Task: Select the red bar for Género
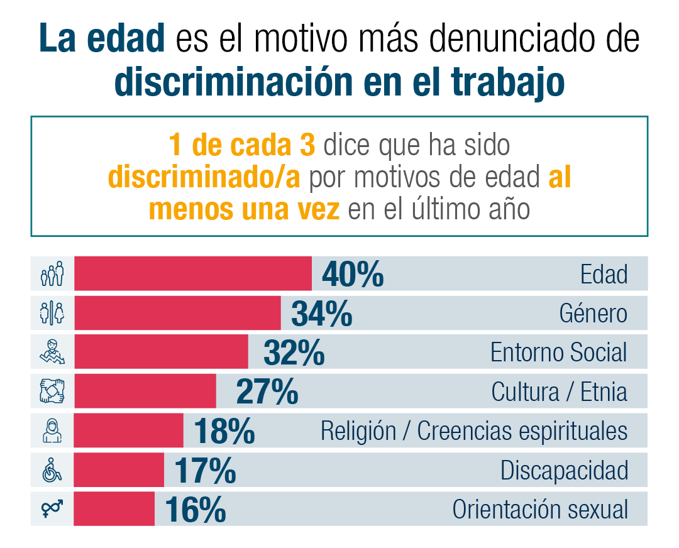pyautogui.click(x=177, y=313)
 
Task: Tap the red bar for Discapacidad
pyautogui.click(x=119, y=469)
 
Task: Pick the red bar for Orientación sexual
pyautogui.click(x=114, y=508)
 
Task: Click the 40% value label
pyautogui.click(x=353, y=275)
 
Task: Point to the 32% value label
pyautogui.click(x=294, y=353)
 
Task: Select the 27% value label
pyautogui.click(x=267, y=392)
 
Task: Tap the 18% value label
pyautogui.click(x=224, y=431)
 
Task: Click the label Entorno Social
pyautogui.click(x=558, y=353)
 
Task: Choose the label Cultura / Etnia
pyautogui.click(x=559, y=392)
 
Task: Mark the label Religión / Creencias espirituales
pyautogui.click(x=474, y=431)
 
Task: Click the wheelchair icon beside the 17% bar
pyautogui.click(x=52, y=469)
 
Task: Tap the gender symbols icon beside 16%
pyautogui.click(x=52, y=508)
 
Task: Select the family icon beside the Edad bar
pyautogui.click(x=52, y=273)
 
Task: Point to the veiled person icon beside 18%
pyautogui.click(x=52, y=431)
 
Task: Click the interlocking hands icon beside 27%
pyautogui.click(x=52, y=392)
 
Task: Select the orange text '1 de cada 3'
pyautogui.click(x=241, y=146)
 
